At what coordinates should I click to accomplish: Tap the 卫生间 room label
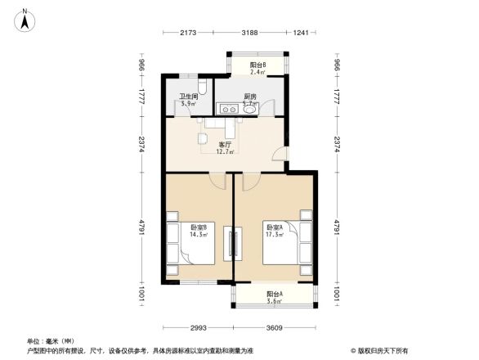coord(189,97)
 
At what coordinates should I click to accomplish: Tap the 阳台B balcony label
coord(259,65)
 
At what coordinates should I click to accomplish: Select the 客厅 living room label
coord(224,144)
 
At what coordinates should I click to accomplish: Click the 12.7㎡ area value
coord(225,151)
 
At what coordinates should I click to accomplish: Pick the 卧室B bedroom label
coord(198,227)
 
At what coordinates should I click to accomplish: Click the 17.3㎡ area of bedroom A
coord(273,234)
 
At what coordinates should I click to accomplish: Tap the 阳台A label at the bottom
coord(274,295)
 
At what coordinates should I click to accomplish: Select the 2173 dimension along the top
coord(189,33)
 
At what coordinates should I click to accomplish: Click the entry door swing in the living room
coord(280,155)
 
